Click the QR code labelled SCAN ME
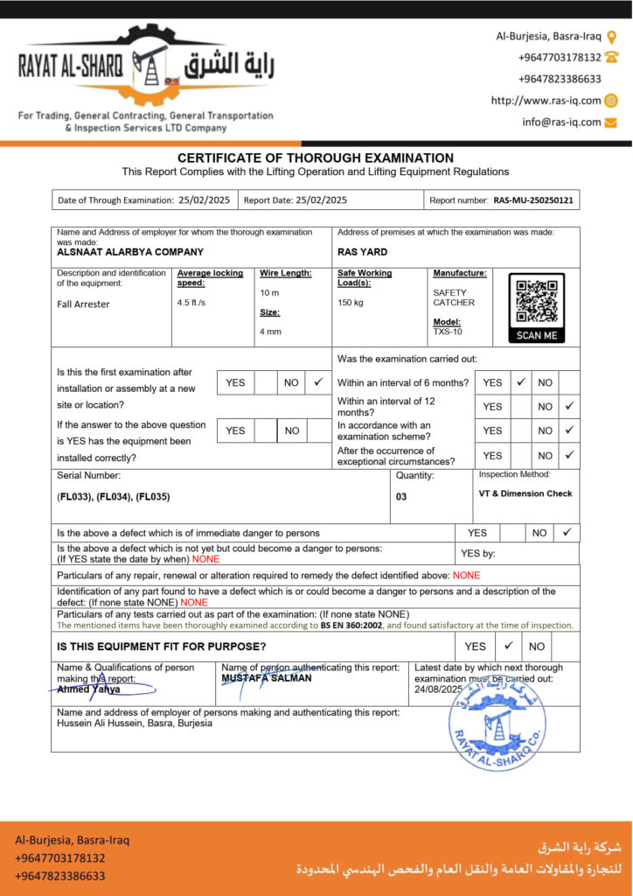(x=537, y=307)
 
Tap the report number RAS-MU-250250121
(x=533, y=200)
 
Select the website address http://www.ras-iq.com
(x=546, y=101)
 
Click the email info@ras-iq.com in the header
(x=561, y=122)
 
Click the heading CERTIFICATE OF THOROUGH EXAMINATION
(x=316, y=158)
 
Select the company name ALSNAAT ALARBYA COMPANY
(x=130, y=252)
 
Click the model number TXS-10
(x=448, y=332)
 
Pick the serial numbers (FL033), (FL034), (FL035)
(x=114, y=496)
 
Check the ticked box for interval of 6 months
(x=520, y=382)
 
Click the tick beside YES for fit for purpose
(x=508, y=647)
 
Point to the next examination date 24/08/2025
(x=438, y=689)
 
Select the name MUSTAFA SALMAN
(x=267, y=678)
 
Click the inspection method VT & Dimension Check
(x=525, y=493)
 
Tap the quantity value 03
(x=401, y=496)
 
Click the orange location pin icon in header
(x=612, y=37)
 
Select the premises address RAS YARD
(x=363, y=252)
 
